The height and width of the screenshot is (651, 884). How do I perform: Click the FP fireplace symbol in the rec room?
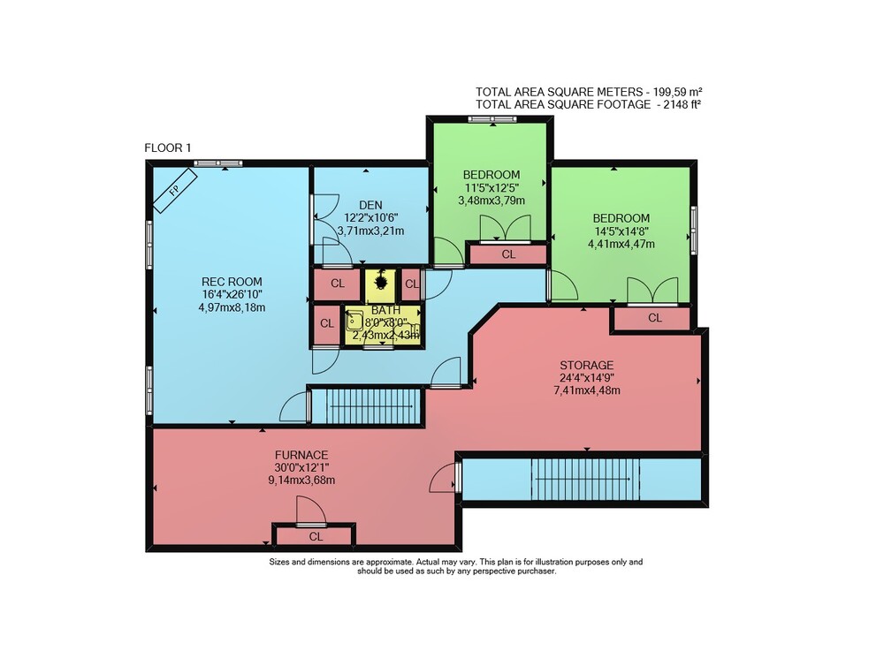pos(175,190)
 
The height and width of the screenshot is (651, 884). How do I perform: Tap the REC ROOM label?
pos(232,282)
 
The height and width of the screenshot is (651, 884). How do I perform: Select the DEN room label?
pos(370,205)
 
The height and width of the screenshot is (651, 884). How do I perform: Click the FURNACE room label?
pos(301,454)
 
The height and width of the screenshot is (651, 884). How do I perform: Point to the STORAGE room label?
pos(586,365)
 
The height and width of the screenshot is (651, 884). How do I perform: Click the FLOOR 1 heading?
pos(168,148)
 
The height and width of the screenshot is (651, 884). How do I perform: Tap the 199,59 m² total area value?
pos(678,92)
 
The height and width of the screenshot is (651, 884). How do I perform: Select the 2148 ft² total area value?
pos(679,104)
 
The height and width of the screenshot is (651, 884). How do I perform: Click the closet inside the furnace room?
pos(316,535)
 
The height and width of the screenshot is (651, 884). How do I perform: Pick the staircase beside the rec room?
pos(368,406)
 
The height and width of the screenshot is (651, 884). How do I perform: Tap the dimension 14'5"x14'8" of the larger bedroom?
pos(621,231)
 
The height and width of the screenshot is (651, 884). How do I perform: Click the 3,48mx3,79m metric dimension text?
pos(492,201)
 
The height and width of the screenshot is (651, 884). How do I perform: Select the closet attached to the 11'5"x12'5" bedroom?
pos(508,254)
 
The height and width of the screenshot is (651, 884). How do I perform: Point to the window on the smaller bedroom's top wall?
pos(492,119)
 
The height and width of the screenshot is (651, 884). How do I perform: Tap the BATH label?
pos(385,310)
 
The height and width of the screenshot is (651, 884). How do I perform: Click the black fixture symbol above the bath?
pos(380,279)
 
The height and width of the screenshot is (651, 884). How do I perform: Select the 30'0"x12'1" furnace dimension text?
pos(301,467)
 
